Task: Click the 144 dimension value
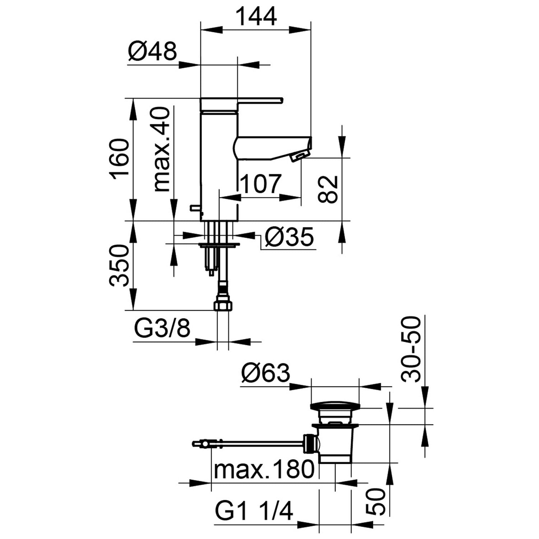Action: pyautogui.click(x=256, y=16)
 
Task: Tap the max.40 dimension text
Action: pyautogui.click(x=161, y=149)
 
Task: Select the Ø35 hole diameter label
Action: pyautogui.click(x=289, y=237)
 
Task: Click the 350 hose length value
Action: pyautogui.click(x=119, y=266)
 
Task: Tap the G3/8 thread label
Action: pyautogui.click(x=162, y=328)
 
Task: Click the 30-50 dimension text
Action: pyautogui.click(x=410, y=349)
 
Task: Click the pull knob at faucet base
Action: pyautogui.click(x=196, y=208)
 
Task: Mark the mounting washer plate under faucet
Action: pyautogui.click(x=219, y=245)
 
